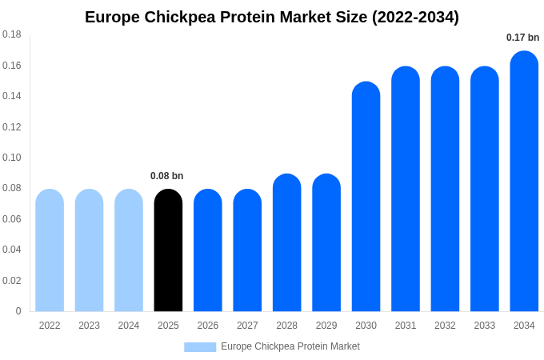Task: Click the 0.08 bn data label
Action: click(x=166, y=176)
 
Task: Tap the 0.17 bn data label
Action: click(x=522, y=38)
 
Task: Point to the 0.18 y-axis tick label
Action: click(x=12, y=34)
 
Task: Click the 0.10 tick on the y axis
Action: click(x=12, y=158)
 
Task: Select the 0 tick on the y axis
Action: click(x=18, y=311)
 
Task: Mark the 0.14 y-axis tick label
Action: click(x=12, y=96)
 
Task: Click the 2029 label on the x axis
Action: click(x=326, y=326)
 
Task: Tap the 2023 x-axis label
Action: click(x=89, y=326)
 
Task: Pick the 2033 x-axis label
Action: click(x=484, y=326)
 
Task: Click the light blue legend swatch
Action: click(x=200, y=347)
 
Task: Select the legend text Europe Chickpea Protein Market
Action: click(x=290, y=346)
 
